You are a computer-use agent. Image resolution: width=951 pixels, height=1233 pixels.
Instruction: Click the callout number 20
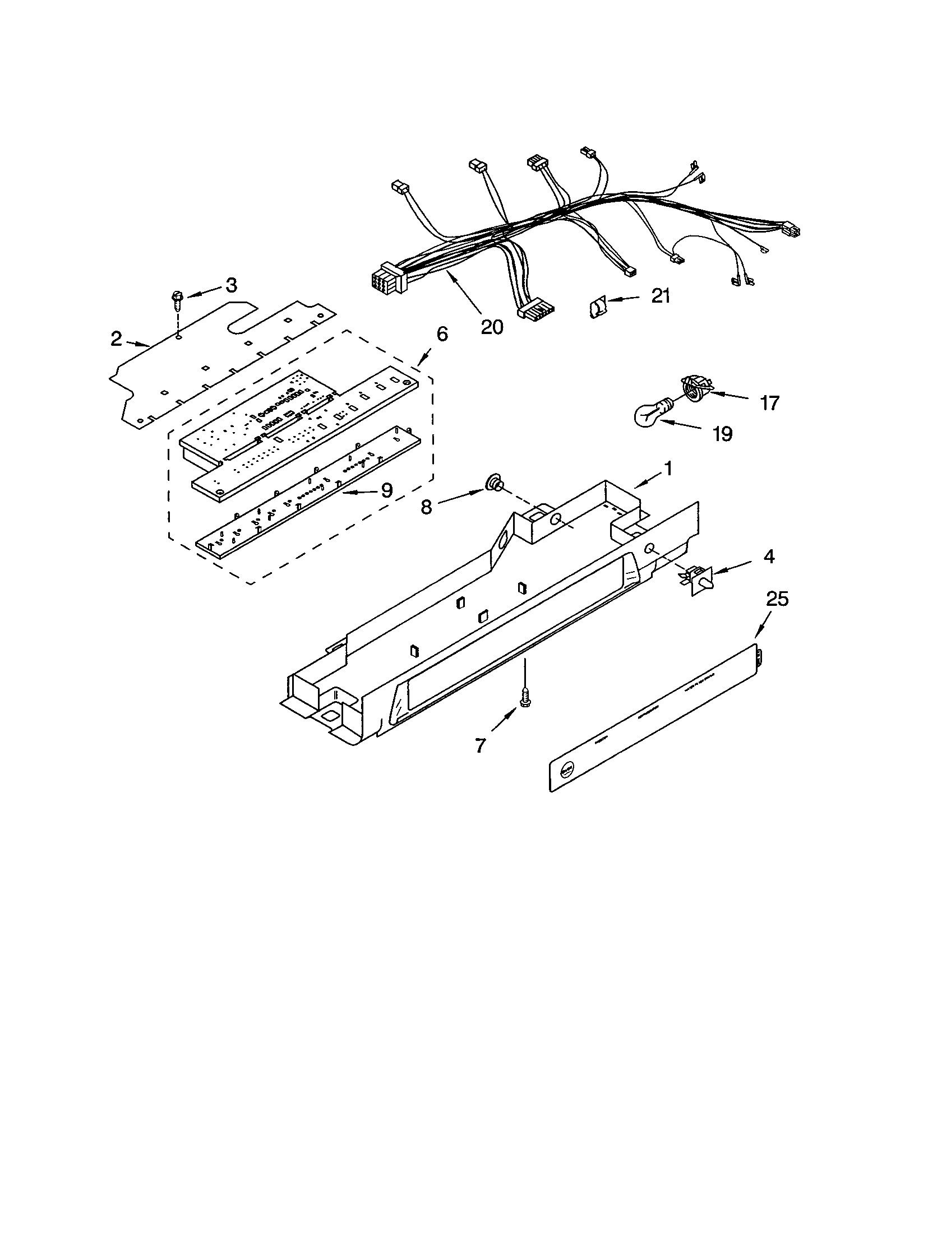492,327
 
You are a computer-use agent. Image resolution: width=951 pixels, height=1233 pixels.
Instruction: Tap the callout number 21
660,295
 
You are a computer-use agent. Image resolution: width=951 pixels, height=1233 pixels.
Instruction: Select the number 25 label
777,599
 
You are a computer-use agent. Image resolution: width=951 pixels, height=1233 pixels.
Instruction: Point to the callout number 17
769,402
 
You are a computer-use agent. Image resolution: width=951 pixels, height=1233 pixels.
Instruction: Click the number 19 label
722,434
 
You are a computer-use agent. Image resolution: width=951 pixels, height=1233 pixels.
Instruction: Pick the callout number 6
442,333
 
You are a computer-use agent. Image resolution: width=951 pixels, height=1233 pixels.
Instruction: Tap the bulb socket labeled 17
694,387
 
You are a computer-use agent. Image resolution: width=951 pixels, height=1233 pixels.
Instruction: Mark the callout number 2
116,339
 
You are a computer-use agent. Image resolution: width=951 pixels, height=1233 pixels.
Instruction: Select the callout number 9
386,490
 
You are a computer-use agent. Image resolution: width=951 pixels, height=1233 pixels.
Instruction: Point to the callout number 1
668,469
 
